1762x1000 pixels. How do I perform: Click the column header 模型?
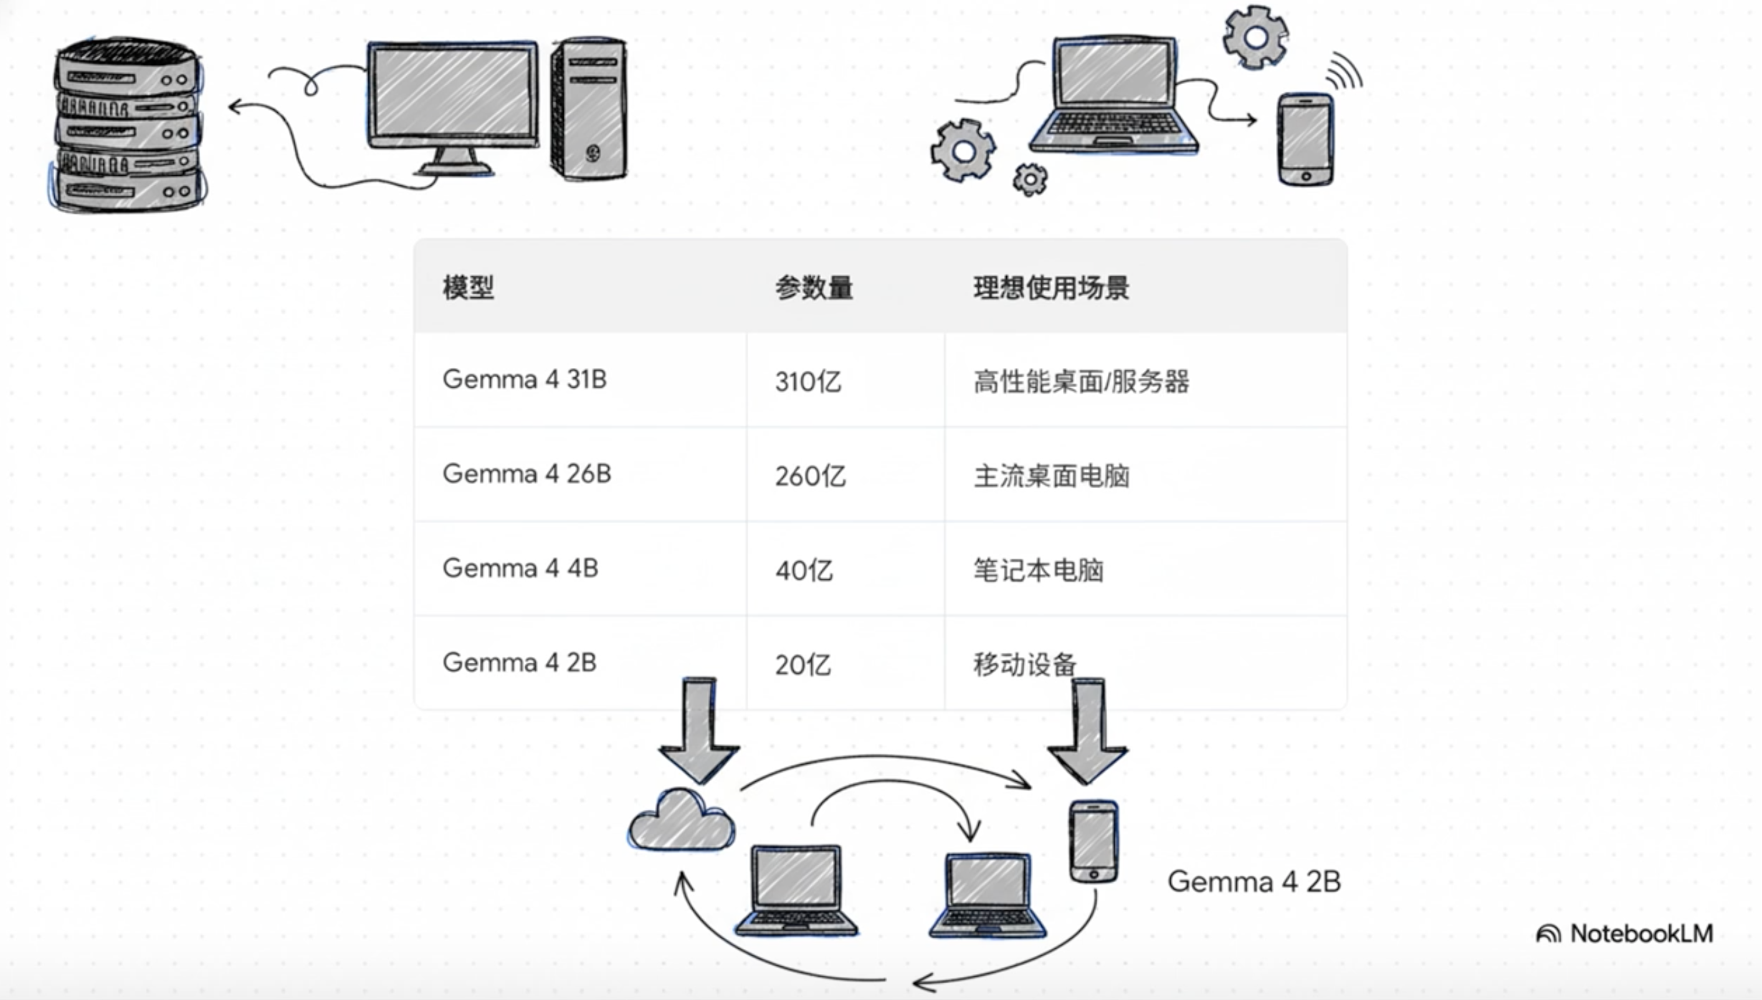[468, 287]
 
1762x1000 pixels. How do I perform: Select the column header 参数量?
[814, 287]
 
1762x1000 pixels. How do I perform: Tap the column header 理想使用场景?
[1051, 287]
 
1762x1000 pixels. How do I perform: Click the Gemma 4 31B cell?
[525, 379]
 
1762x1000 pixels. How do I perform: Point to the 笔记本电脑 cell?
[1038, 570]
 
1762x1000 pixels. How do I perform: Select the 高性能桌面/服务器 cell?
[1081, 381]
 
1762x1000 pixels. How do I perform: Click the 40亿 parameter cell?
[804, 570]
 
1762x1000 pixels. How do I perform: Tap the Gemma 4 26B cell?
[526, 474]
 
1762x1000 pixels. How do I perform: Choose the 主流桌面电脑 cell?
[1051, 476]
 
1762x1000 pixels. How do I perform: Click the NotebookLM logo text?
[1641, 933]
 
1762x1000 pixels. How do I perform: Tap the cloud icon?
[681, 822]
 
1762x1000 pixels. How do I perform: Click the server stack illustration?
[128, 123]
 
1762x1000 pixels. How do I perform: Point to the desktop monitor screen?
[452, 93]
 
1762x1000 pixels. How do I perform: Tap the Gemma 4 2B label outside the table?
[1254, 881]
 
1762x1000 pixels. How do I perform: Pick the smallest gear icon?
[1030, 180]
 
